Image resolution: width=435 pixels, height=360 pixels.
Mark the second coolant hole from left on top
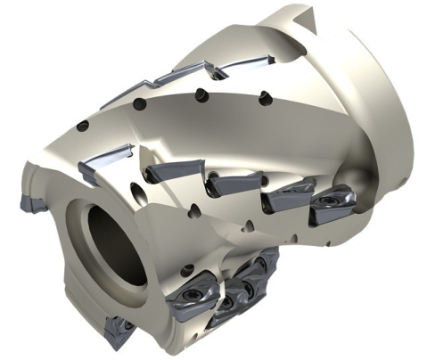pos(141,104)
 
